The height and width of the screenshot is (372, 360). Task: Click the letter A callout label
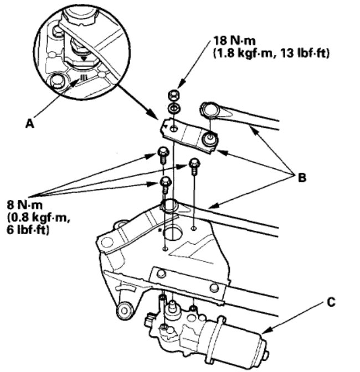[x=30, y=123]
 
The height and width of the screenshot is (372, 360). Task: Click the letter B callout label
[x=302, y=178]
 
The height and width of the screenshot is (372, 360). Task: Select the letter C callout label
[x=331, y=302]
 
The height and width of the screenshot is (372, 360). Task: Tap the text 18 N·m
[x=234, y=40]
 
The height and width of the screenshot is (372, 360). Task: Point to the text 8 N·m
[x=25, y=205]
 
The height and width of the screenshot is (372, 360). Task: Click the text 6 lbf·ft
[x=28, y=230]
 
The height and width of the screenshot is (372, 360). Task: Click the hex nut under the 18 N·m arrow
[x=174, y=95]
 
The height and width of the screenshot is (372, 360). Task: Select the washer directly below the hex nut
[x=174, y=108]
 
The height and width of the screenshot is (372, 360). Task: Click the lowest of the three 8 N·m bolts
[x=165, y=184]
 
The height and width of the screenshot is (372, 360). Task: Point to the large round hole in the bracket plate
[x=173, y=232]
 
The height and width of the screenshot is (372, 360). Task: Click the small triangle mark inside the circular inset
[x=84, y=58]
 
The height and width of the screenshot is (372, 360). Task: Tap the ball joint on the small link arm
[x=210, y=138]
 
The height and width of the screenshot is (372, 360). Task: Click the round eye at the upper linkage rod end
[x=210, y=110]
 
